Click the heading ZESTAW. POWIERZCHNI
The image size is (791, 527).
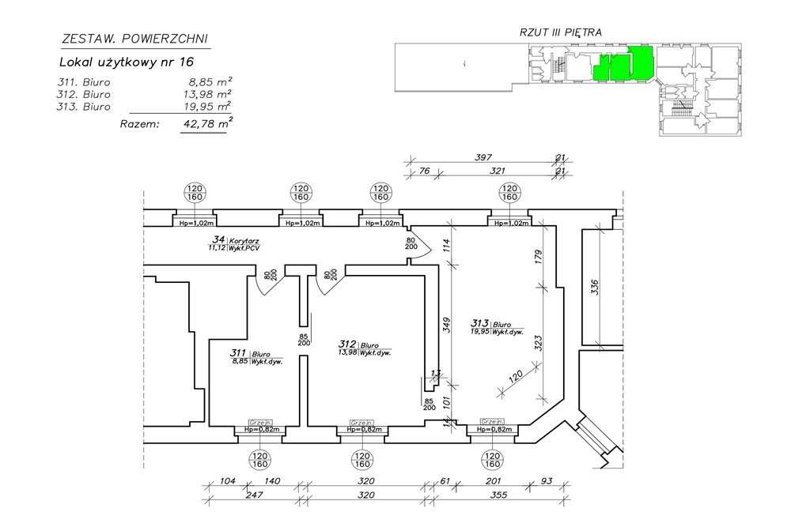tap(134, 38)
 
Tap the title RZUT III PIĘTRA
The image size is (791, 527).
tap(561, 32)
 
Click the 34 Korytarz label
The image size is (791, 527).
tap(235, 243)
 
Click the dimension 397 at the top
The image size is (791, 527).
tap(483, 158)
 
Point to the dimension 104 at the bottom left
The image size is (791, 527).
tap(229, 480)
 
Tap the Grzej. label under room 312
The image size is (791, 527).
tap(361, 423)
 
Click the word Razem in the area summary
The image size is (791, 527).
tap(139, 123)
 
